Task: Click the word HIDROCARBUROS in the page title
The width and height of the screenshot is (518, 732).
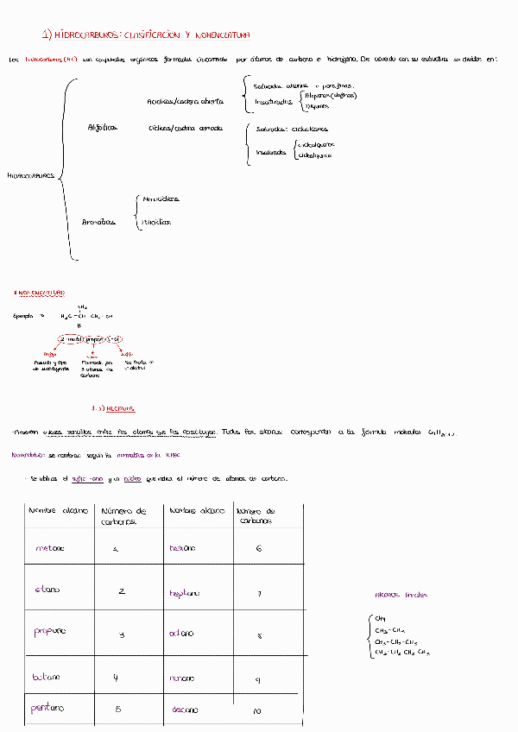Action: (86, 35)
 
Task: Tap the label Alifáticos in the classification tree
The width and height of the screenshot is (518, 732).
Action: (102, 127)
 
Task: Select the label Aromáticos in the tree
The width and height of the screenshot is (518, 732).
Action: (98, 222)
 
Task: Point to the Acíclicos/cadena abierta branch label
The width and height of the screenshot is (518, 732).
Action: (186, 102)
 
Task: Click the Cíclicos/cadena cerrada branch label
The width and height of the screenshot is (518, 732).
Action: (185, 128)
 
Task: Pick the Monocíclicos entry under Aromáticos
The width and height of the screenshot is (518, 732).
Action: (161, 199)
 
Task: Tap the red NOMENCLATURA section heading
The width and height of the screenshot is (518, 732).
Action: (41, 293)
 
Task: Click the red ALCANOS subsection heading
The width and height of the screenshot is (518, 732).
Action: (113, 407)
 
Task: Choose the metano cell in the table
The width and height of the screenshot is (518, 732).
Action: (50, 548)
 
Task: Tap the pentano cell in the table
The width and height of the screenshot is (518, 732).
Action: (48, 709)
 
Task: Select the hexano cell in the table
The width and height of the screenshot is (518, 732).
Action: (183, 548)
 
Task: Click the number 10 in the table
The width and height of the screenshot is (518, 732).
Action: (256, 711)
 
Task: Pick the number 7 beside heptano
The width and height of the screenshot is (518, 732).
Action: (259, 593)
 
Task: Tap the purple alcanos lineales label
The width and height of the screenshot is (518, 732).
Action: (401, 595)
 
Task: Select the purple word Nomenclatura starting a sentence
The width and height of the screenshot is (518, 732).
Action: (28, 455)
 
